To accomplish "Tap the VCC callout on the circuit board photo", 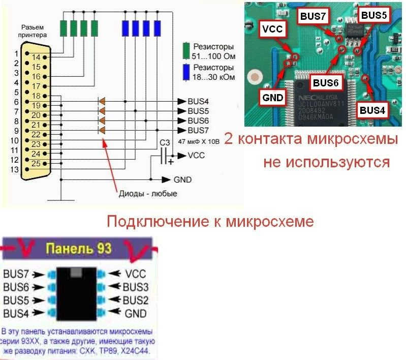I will click(x=271, y=29).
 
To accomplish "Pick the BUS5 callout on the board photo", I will click(x=374, y=15).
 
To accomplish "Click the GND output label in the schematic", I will click(x=182, y=179).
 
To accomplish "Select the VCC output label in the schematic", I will click(x=196, y=155).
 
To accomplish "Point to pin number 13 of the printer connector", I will click(x=16, y=169).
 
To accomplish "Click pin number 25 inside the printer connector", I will click(x=36, y=163).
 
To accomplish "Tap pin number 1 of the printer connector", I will click(x=16, y=53).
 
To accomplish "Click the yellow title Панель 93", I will click(x=78, y=249).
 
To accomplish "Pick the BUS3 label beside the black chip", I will click(x=136, y=287).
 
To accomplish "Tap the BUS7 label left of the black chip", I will click(x=16, y=275).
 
